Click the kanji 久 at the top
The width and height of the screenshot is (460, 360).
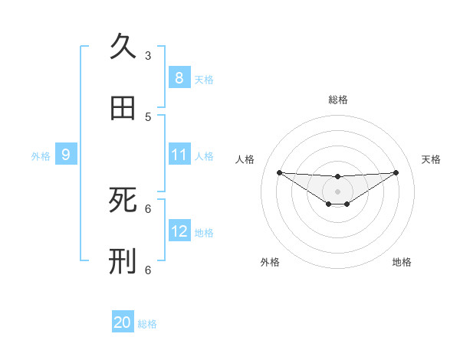pos(123,47)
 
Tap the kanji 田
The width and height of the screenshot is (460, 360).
pos(123,108)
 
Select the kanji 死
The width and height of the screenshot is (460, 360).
pos(123,200)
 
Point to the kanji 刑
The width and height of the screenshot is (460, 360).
pos(123,261)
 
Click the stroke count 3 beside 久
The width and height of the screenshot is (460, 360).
pos(148,55)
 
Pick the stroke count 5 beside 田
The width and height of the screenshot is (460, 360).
pos(148,116)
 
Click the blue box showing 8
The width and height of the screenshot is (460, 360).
pos(179,77)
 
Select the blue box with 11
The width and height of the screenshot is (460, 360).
pos(179,155)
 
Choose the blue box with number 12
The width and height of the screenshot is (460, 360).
pos(179,231)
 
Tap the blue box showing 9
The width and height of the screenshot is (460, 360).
pos(66,155)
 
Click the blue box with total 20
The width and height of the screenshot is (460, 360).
pos(123,322)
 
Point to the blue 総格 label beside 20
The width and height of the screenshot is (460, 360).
pos(147,324)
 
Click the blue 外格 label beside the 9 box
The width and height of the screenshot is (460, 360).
pos(41,156)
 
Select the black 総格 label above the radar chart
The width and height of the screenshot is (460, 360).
pos(338,100)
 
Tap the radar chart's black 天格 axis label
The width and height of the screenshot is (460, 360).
pos(432,159)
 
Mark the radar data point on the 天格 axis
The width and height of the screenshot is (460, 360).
pos(396,172)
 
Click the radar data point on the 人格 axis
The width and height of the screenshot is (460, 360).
pos(279,172)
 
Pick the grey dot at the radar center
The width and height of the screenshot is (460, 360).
pos(337,191)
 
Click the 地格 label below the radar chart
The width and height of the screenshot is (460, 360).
pos(402,262)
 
